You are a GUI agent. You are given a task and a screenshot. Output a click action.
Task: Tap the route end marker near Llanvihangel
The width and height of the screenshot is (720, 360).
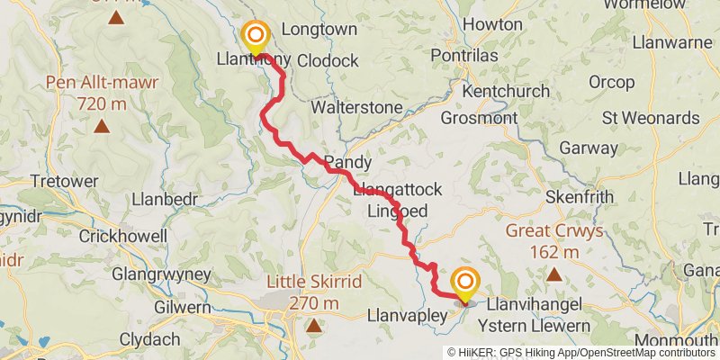pyautogui.click(x=465, y=284)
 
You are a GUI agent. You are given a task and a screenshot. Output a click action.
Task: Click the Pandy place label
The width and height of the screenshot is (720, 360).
pyautogui.click(x=347, y=163)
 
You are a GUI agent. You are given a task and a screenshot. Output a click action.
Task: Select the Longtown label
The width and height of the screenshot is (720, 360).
pyautogui.click(x=319, y=29)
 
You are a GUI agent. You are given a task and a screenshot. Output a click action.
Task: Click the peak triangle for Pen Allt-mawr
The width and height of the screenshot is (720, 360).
pyautogui.click(x=101, y=127)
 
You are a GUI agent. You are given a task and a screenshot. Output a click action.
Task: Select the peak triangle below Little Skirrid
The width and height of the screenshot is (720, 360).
pyautogui.click(x=313, y=326)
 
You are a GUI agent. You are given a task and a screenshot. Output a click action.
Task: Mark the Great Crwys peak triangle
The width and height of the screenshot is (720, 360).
pyautogui.click(x=554, y=274)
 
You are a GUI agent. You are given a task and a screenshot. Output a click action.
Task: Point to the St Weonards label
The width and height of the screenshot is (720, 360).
pyautogui.click(x=651, y=118)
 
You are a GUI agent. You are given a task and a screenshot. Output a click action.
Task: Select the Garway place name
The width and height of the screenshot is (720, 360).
pyautogui.click(x=583, y=148)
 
